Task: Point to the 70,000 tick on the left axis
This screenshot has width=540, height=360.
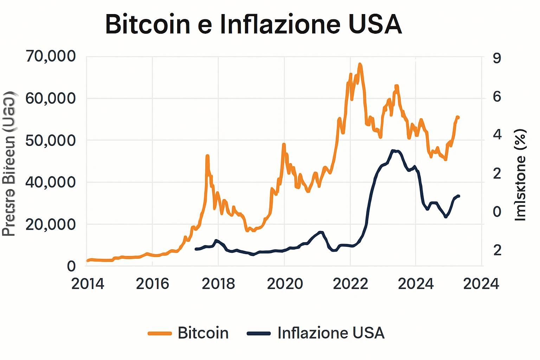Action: coord(51,56)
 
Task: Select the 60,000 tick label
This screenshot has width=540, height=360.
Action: coord(51,98)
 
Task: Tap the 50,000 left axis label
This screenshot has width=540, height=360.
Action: coord(51,140)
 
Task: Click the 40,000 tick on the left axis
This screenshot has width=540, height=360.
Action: coord(51,182)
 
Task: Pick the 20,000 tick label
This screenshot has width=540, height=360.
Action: coord(51,224)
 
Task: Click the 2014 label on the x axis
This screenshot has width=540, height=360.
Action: coord(88,284)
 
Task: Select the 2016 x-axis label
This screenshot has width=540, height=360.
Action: coord(153,284)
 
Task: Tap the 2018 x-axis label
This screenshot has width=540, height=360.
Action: coord(218,284)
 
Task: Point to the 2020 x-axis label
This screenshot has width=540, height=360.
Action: coord(285,284)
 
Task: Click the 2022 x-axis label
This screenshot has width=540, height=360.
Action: coord(351,284)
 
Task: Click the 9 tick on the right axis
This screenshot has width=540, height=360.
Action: coord(497,58)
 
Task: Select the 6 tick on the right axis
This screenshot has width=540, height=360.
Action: coord(497,97)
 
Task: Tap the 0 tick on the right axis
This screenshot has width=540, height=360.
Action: coord(497,212)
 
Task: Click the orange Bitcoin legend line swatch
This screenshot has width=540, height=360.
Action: coord(160,333)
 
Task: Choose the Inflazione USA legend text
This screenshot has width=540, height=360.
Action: coord(331,333)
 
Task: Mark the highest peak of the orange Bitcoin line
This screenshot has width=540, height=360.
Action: coord(360,65)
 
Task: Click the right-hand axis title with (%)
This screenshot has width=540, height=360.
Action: coord(520,175)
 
